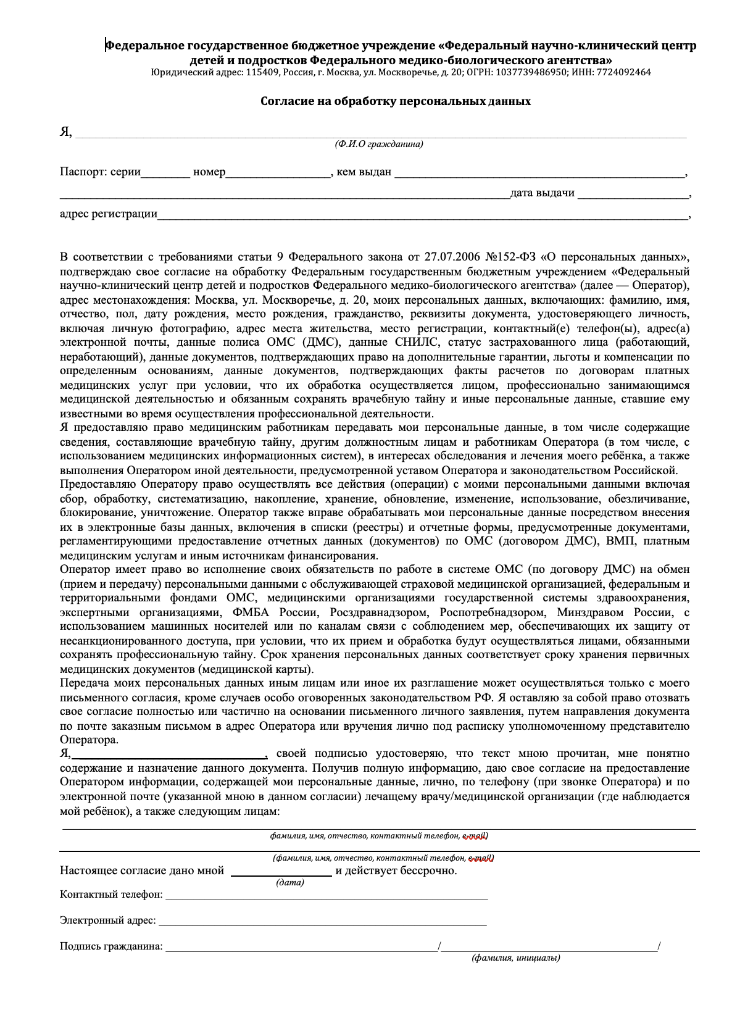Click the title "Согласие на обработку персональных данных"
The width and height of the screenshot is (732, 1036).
coord(395,101)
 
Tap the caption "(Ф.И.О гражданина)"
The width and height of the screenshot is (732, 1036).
coord(379,144)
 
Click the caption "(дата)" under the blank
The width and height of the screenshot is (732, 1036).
coord(290,883)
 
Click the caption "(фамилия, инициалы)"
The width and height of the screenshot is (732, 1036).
coord(516,958)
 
